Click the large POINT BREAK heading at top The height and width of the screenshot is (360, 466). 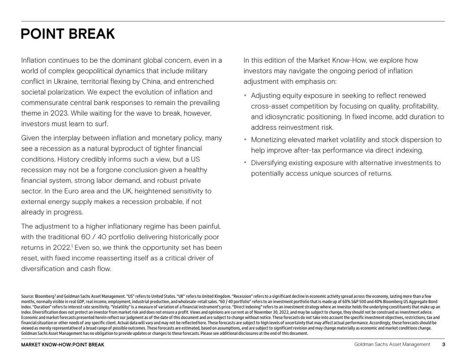pyautogui.click(x=68, y=34)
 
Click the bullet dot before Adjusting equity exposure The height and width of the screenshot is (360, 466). pyautogui.click(x=245, y=96)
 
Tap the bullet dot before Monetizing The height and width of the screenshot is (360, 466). pyautogui.click(x=245, y=140)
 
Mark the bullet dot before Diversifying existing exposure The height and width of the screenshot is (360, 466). pyautogui.click(x=245, y=163)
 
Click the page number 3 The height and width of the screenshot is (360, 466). pyautogui.click(x=443, y=345)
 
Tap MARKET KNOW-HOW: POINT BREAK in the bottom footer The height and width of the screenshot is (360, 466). pyautogui.click(x=63, y=345)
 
